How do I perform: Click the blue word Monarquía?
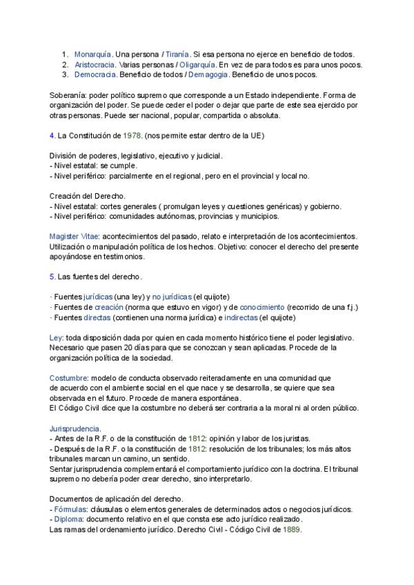92,54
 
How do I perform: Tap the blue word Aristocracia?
95,64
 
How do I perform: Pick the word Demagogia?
205,75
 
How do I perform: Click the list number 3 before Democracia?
65,75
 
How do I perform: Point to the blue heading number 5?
52,277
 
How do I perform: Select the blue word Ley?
56,337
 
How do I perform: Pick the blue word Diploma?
69,519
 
